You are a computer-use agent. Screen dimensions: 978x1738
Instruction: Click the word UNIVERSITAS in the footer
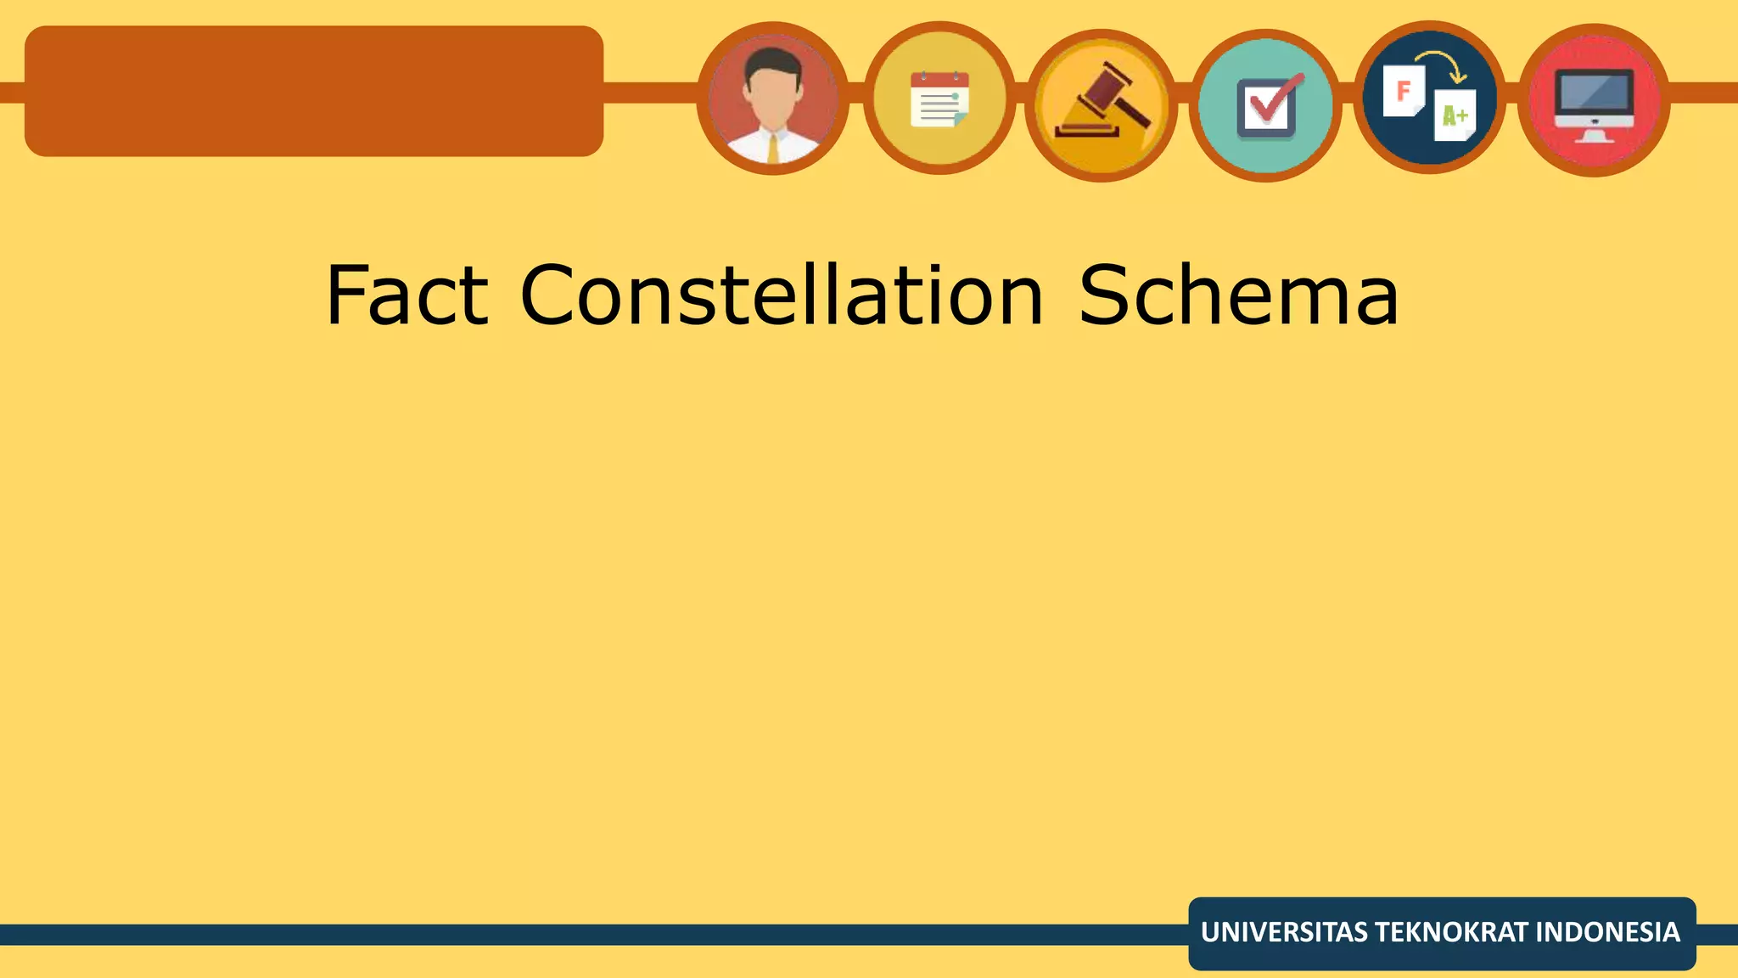[1284, 932]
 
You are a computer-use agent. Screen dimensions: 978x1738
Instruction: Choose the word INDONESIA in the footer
[1607, 932]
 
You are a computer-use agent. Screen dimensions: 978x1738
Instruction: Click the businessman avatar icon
[772, 98]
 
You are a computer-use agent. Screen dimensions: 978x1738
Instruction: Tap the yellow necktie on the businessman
[773, 148]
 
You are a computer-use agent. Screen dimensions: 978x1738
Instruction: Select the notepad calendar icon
[939, 99]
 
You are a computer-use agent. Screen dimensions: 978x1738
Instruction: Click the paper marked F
[1404, 90]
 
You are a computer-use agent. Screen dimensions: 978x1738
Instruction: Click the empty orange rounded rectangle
[314, 91]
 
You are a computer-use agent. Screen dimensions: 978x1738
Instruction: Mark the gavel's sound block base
[1086, 130]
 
